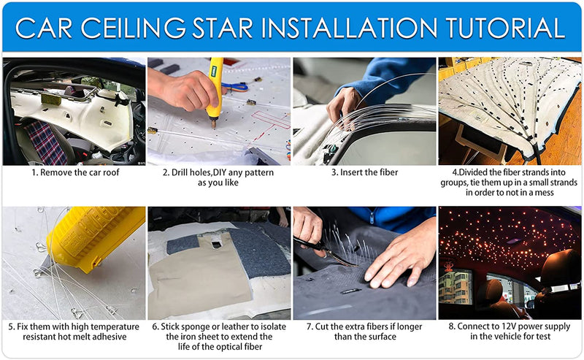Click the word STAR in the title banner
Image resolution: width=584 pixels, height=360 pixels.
coord(223,27)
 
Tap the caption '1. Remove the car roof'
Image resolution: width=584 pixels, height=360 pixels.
coord(76,172)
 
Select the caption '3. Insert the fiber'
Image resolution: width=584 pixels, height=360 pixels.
coord(365,172)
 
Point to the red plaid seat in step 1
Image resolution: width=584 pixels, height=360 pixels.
coord(46,142)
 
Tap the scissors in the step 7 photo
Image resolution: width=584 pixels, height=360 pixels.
coord(324,253)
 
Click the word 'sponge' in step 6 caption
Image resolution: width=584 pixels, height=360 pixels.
coord(196,327)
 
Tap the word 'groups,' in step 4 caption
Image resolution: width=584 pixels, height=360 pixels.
coord(453,183)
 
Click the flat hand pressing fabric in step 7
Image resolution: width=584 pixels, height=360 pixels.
coord(399,257)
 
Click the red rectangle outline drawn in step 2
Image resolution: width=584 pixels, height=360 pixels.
coord(271,120)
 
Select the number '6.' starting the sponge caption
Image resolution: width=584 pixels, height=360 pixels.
coord(155,327)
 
